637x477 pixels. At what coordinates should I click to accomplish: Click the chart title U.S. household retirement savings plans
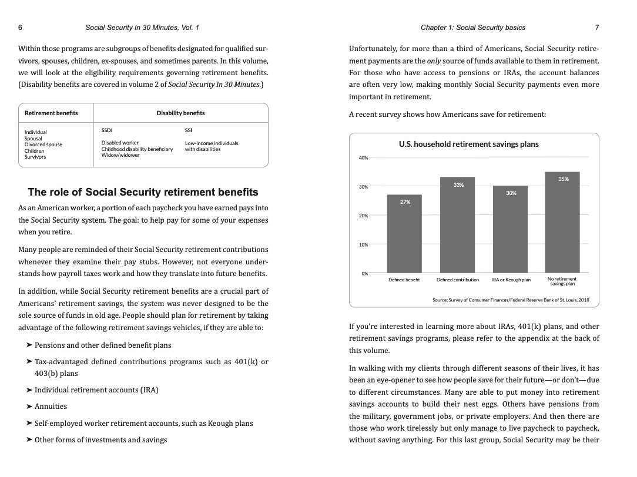click(x=468, y=144)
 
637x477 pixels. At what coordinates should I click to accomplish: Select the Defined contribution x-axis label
click(x=457, y=280)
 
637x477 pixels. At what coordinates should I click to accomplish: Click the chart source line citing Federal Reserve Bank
click(x=510, y=300)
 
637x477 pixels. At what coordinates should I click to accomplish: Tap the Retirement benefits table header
click(x=51, y=113)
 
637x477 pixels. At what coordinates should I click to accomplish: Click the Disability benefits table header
click(x=180, y=113)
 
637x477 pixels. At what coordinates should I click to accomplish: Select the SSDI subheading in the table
click(x=107, y=130)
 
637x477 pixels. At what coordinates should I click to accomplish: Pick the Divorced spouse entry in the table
click(x=43, y=145)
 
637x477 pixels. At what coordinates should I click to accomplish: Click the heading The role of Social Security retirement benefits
click(x=143, y=192)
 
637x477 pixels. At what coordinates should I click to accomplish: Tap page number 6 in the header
click(x=21, y=28)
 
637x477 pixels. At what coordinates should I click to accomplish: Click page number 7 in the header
click(x=597, y=28)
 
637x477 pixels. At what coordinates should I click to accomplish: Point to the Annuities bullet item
click(x=51, y=407)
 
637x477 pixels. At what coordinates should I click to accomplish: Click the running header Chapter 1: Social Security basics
click(x=473, y=28)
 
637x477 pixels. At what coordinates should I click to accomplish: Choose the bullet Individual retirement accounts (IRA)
click(x=96, y=390)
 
